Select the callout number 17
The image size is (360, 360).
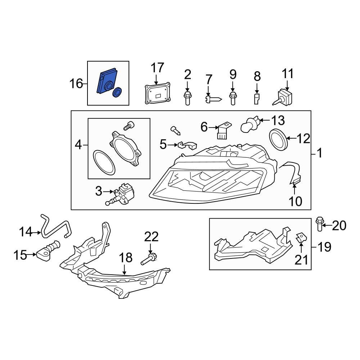click(157, 68)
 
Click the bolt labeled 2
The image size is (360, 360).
click(187, 98)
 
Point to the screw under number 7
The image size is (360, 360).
click(213, 99)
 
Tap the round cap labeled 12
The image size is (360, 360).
click(278, 140)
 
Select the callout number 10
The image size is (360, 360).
click(295, 201)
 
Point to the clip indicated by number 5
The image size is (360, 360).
click(187, 145)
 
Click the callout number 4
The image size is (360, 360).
click(78, 145)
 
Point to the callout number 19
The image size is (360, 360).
click(325, 247)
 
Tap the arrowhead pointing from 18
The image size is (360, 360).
click(124, 273)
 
